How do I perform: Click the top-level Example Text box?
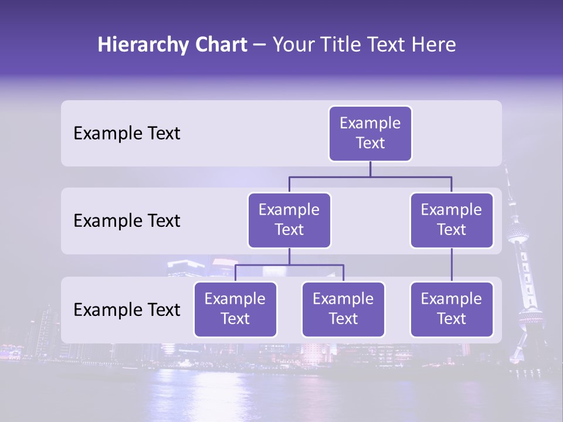point(370,134)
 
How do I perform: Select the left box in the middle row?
point(289,220)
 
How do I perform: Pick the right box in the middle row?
point(452,220)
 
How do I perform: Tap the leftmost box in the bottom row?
point(235,309)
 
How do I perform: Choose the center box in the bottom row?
point(343,309)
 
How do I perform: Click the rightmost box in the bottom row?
point(452,309)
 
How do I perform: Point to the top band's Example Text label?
point(127,134)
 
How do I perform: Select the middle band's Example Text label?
point(127,221)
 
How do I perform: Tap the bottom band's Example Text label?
point(127,310)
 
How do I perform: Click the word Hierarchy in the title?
point(142,45)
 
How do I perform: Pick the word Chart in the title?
point(221,45)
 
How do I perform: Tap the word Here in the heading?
point(435,45)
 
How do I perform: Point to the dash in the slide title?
point(260,45)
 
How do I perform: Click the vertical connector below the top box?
point(370,169)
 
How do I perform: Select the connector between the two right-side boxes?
point(452,265)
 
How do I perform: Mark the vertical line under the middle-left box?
point(289,257)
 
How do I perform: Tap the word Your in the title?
point(294,45)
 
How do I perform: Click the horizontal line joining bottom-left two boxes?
point(289,265)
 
